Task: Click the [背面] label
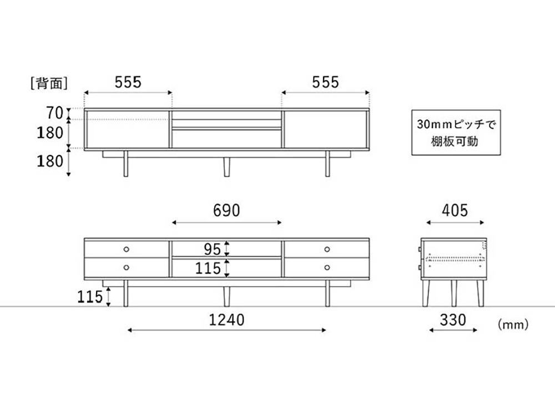click(49, 83)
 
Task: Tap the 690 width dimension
click(226, 211)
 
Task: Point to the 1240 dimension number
click(226, 319)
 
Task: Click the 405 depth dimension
click(455, 211)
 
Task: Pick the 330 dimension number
click(453, 319)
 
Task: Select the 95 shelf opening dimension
click(211, 248)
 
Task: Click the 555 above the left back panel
click(128, 83)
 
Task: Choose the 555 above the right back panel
click(325, 83)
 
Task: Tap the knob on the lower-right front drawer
click(326, 267)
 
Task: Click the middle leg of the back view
click(226, 166)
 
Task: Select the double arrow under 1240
click(226, 330)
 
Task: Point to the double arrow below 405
click(455, 222)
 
